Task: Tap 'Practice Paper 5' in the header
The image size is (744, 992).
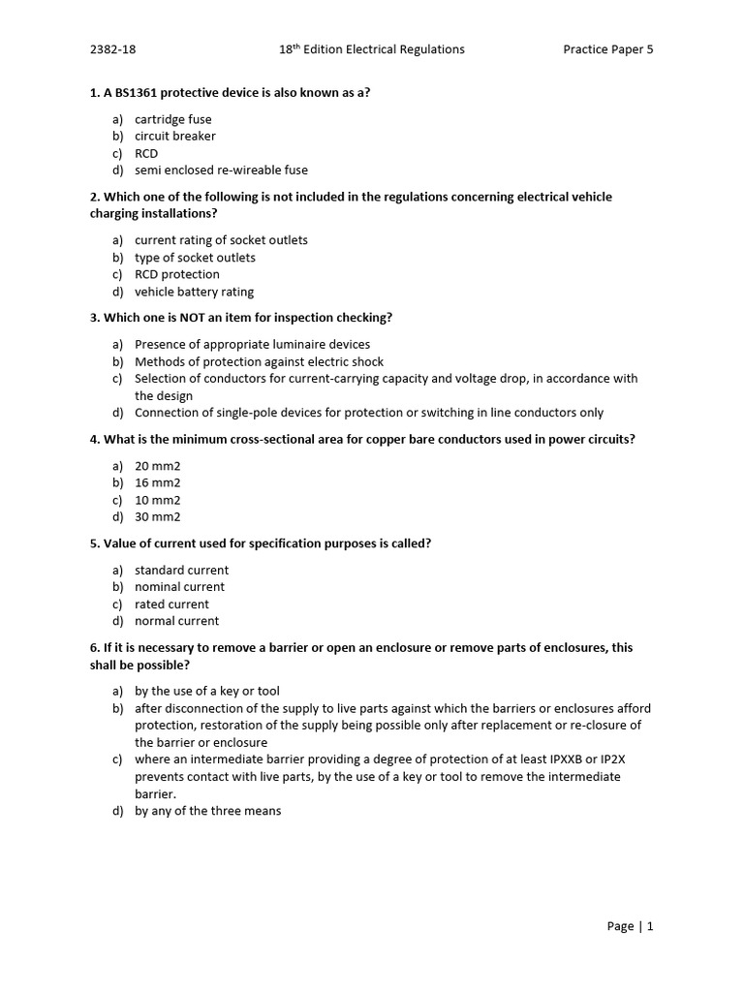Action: point(608,49)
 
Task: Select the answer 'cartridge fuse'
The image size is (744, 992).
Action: point(172,119)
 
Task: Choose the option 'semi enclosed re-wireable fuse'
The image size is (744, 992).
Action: point(221,170)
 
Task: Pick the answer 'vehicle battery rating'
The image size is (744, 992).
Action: point(194,292)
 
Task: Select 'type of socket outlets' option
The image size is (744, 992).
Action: point(195,258)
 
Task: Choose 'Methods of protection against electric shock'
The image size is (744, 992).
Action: point(260,361)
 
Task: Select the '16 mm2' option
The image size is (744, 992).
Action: point(157,482)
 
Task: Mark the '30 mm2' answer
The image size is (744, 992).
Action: point(157,517)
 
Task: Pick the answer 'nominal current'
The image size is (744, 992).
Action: point(179,587)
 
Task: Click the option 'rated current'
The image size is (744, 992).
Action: point(171,604)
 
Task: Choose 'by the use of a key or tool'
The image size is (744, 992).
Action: point(206,691)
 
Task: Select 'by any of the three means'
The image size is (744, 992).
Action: point(207,811)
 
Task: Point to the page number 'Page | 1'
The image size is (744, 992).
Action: point(630,926)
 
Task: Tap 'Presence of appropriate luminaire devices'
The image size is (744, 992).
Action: point(252,344)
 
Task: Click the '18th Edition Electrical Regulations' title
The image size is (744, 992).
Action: point(371,49)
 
